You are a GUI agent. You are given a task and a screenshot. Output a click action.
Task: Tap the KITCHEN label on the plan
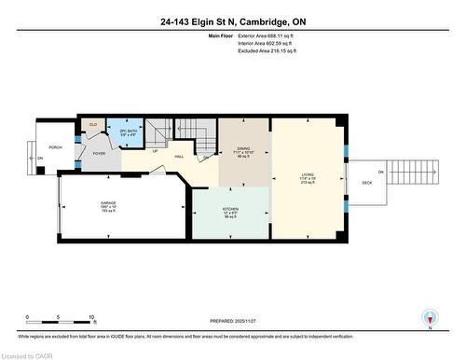pos(229,210)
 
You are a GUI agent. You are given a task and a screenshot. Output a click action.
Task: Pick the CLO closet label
pos(93,123)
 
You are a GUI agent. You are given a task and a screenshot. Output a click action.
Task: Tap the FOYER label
pos(98,155)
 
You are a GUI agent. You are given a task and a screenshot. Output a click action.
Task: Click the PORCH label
pos(56,147)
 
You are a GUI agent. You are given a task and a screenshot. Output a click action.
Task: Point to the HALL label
pos(178,157)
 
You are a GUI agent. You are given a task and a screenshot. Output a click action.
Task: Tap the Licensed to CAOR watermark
pos(27,354)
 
